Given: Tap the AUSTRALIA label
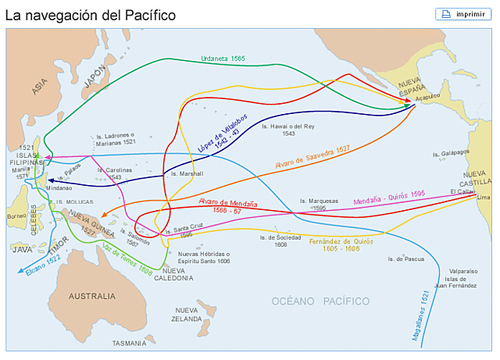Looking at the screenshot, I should pos(91,297).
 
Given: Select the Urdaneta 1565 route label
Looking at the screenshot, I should pos(223,59).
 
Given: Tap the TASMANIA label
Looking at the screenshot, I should pos(129,343).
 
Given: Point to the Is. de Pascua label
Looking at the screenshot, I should pos(405,259).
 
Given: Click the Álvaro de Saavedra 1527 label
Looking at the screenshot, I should pos(312,159).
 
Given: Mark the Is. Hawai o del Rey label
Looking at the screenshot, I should pos(287,130).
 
